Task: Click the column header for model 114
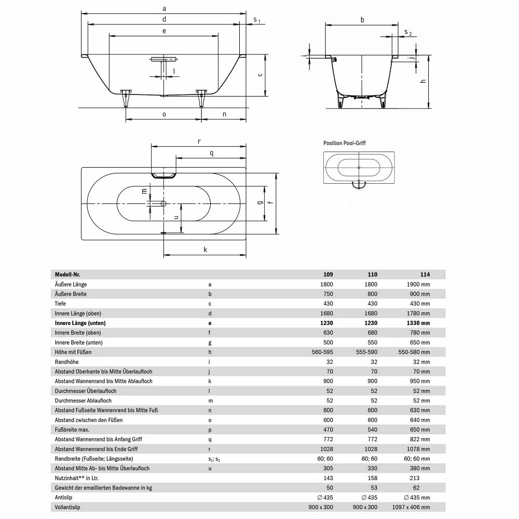(425, 275)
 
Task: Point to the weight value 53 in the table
(372, 488)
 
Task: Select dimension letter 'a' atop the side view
(164, 8)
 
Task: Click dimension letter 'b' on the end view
(362, 20)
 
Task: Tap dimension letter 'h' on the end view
(423, 81)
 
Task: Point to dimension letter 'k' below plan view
(206, 250)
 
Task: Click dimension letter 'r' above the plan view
(199, 141)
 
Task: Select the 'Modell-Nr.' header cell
(67, 275)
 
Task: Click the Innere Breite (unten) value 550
(372, 343)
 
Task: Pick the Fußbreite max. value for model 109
(326, 430)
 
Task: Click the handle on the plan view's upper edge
(163, 174)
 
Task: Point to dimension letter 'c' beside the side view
(259, 75)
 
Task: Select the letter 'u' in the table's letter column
(210, 469)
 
